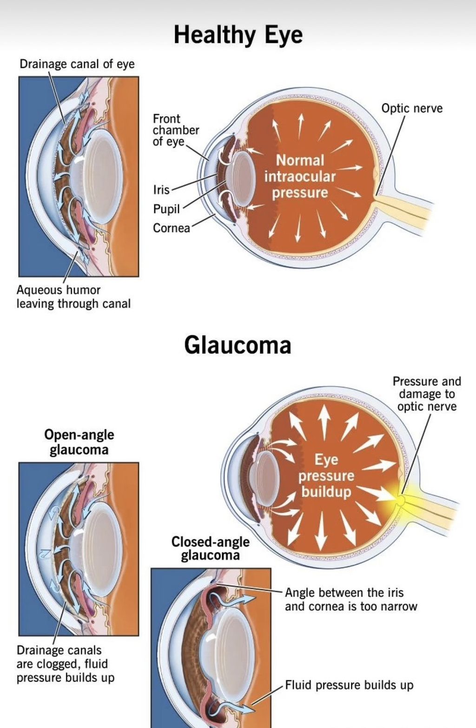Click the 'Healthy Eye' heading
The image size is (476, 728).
click(x=238, y=35)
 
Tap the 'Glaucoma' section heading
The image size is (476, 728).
click(x=238, y=345)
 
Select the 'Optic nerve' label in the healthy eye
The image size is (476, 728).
click(x=412, y=108)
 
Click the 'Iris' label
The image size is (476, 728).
click(x=161, y=190)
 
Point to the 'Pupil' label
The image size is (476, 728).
click(x=166, y=209)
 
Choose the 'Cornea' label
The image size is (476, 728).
click(x=171, y=228)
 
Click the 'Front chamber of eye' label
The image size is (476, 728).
click(x=176, y=130)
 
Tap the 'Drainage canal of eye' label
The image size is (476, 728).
click(x=77, y=64)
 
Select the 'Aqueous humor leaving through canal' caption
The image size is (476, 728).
click(x=73, y=297)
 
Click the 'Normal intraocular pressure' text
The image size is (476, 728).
click(x=299, y=177)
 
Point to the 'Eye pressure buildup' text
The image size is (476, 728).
click(x=326, y=476)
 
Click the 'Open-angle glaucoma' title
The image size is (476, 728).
click(x=79, y=443)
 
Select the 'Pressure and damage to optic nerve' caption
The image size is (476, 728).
click(x=427, y=394)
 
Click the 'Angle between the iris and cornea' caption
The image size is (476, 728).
click(x=351, y=600)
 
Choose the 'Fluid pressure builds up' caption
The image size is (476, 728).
click(x=349, y=685)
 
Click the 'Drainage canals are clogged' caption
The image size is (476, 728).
click(x=66, y=664)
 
